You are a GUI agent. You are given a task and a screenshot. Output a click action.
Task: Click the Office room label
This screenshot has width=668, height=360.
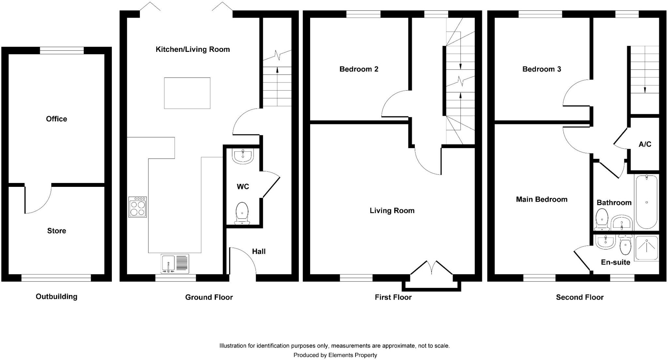point(56,119)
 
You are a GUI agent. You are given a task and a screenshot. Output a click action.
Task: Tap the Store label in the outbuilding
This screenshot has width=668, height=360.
point(56,231)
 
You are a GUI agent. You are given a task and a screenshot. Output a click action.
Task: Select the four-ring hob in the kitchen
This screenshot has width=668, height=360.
point(137,207)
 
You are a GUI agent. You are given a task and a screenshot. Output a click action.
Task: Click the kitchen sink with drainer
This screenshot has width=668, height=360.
point(175,263)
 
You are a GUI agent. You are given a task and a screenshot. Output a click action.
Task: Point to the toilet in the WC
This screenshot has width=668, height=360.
point(242,213)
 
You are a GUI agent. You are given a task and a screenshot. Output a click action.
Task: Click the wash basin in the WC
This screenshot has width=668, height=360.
point(243,156)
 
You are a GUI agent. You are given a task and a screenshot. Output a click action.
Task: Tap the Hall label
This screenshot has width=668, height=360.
point(259,251)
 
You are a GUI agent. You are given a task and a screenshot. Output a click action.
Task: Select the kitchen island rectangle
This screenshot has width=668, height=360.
point(187,93)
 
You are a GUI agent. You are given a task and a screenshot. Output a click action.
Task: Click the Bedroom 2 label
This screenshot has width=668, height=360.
point(359,69)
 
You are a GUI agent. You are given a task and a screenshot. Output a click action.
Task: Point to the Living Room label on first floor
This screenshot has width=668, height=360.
point(392,211)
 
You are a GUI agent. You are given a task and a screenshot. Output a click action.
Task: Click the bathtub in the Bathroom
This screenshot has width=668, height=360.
point(646,202)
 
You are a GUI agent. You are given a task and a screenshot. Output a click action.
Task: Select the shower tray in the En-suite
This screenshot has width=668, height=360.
point(646,248)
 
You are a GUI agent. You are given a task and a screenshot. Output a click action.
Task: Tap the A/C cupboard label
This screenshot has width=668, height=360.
point(645,144)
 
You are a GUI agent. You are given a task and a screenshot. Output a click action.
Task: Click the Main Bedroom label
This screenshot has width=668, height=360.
point(541,200)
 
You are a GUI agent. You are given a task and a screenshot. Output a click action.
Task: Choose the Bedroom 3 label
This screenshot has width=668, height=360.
point(541,69)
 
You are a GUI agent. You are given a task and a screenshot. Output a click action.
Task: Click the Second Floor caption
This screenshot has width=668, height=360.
point(580,297)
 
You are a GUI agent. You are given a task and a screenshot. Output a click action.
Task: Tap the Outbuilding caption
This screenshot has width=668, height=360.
point(56,297)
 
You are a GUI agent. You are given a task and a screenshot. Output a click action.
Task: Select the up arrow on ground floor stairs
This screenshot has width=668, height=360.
point(277,70)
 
